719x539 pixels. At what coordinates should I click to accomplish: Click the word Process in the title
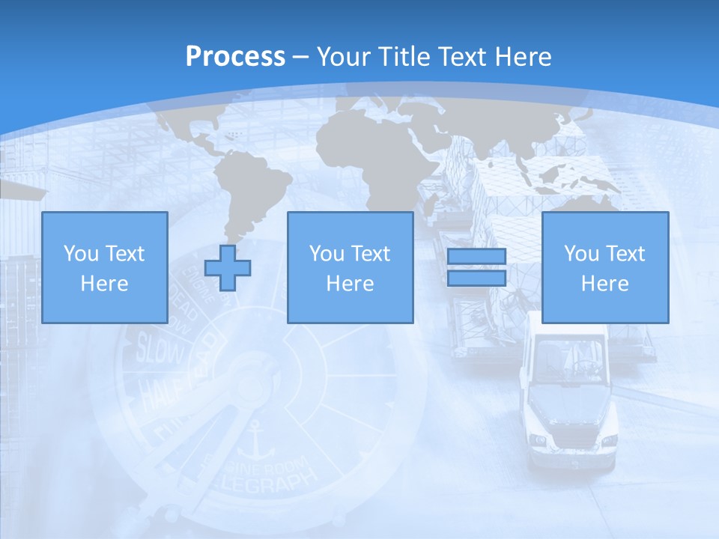tap(235, 57)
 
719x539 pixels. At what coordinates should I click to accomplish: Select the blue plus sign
tap(228, 267)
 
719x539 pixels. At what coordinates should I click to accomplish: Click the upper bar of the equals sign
tap(476, 257)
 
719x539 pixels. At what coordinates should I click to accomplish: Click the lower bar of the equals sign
tap(476, 278)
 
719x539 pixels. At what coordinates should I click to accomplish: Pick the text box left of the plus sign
tap(104, 267)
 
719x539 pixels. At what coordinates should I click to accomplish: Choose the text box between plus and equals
tap(350, 267)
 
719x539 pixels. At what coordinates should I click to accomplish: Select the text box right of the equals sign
tap(604, 267)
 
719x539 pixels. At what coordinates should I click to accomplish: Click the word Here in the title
tap(524, 57)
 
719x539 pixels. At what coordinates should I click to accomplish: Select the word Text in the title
tap(463, 57)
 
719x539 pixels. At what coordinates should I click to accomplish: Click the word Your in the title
tap(342, 57)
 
